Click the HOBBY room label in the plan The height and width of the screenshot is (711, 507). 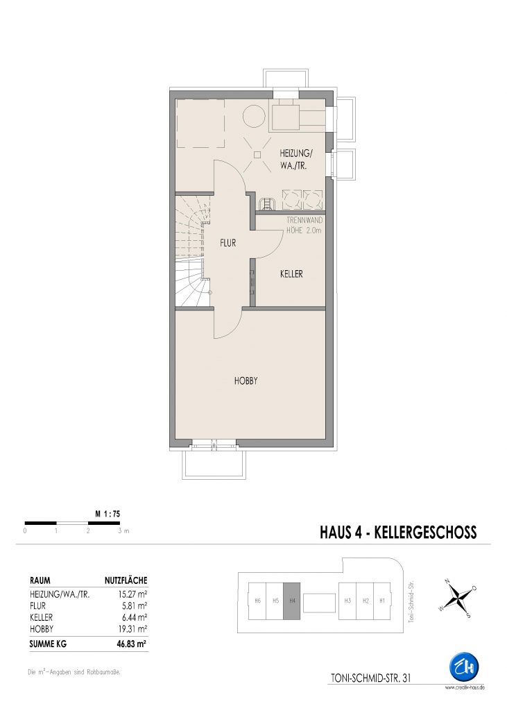(x=246, y=381)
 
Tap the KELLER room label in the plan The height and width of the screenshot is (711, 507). (x=291, y=274)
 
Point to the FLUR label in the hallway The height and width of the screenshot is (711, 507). (x=228, y=243)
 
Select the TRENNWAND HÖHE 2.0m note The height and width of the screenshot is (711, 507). (x=304, y=226)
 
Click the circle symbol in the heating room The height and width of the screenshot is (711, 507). (x=254, y=117)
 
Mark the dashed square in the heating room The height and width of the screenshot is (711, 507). (x=200, y=124)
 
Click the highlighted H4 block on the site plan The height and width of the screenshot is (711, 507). (x=291, y=601)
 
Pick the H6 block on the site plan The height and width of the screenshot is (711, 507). (x=257, y=601)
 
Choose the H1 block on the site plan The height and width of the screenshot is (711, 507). (x=382, y=601)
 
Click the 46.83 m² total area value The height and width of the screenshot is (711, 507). (x=131, y=644)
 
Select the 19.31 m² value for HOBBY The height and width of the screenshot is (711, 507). (x=132, y=629)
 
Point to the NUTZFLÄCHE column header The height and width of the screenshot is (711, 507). (x=126, y=580)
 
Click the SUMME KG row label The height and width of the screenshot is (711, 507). (x=48, y=644)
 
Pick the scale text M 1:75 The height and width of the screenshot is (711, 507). (x=108, y=515)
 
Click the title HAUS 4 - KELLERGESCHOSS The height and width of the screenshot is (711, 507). (x=398, y=532)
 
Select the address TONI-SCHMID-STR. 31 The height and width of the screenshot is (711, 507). (x=371, y=678)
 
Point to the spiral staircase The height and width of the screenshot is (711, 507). (x=194, y=250)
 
